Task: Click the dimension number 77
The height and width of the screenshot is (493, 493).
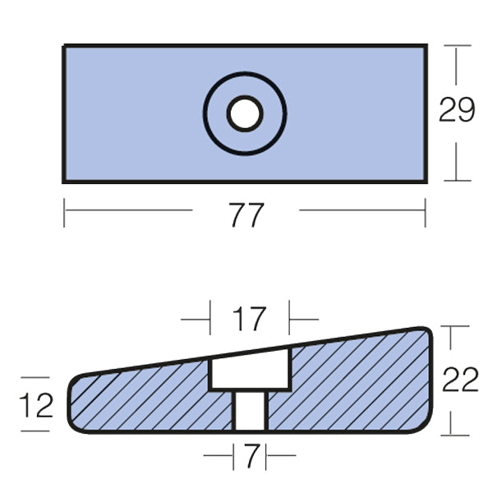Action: click(246, 215)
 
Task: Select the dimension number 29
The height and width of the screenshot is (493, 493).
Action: click(456, 110)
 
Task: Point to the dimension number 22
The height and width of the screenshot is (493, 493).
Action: click(459, 380)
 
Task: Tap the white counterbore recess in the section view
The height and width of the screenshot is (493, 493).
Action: click(250, 372)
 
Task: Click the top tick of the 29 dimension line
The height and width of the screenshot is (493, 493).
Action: click(458, 45)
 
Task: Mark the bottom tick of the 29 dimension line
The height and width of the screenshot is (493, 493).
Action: click(458, 180)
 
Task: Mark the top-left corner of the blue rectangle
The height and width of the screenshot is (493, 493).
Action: click(65, 46)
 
